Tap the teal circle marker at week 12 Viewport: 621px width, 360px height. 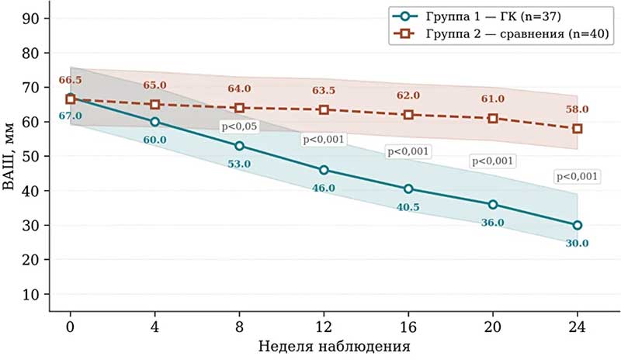(x=324, y=170)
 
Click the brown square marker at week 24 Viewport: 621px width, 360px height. (x=577, y=128)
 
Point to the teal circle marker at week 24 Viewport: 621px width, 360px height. (x=577, y=225)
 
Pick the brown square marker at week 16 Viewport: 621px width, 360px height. (x=408, y=115)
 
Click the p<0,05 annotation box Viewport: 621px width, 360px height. (x=240, y=126)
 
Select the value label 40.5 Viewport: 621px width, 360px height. (x=408, y=207)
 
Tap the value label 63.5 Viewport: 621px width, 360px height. (x=324, y=92)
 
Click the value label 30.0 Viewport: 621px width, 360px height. (x=577, y=244)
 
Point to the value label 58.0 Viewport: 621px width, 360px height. (x=577, y=109)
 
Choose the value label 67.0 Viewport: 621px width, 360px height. (x=70, y=116)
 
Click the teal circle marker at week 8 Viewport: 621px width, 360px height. (x=239, y=146)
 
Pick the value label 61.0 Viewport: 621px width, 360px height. (x=492, y=99)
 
